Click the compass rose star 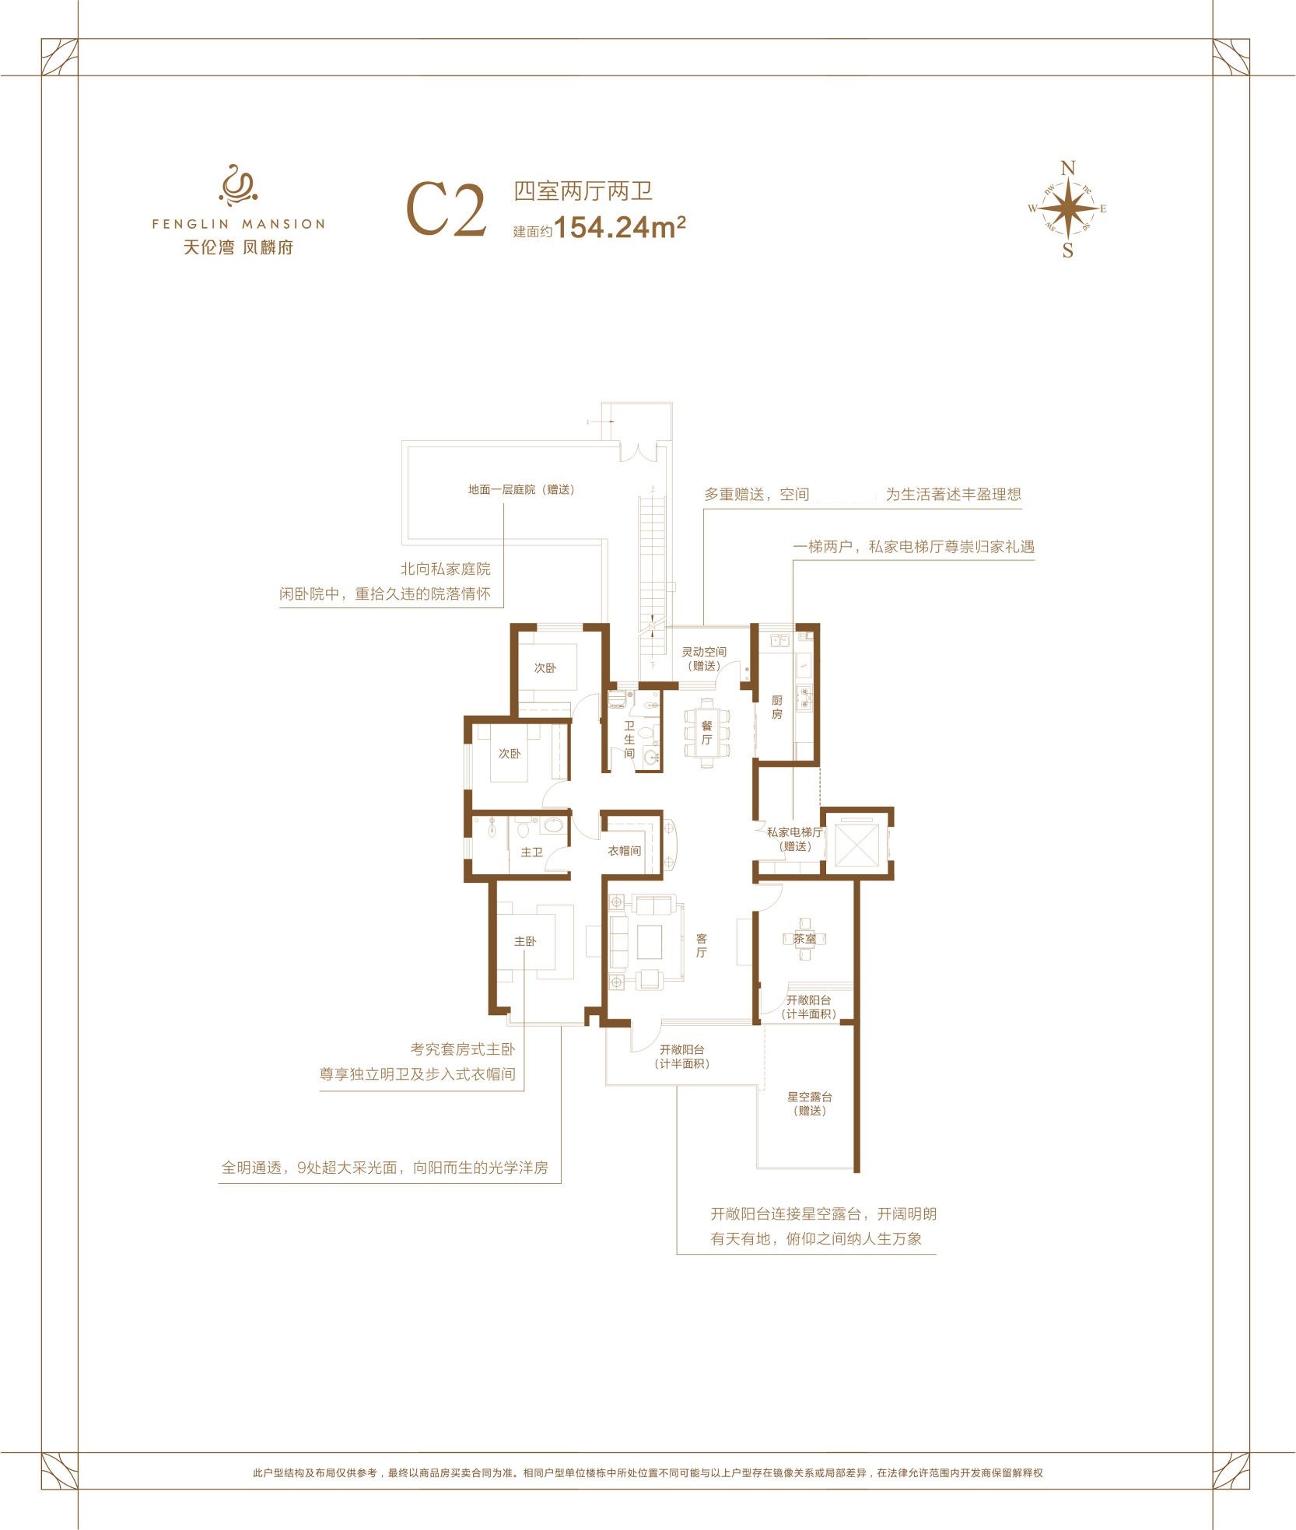pyautogui.click(x=1069, y=208)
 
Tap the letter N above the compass pyautogui.click(x=1068, y=168)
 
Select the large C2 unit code pyautogui.click(x=447, y=209)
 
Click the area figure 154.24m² pyautogui.click(x=620, y=227)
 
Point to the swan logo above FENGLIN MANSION pyautogui.click(x=238, y=185)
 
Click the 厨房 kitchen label pyautogui.click(x=776, y=707)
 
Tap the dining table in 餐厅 pyautogui.click(x=706, y=733)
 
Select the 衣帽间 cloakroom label pyautogui.click(x=625, y=851)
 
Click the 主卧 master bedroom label pyautogui.click(x=525, y=941)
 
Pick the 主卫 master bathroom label pyautogui.click(x=531, y=853)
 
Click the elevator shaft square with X pyautogui.click(x=856, y=844)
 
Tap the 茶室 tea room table pyautogui.click(x=804, y=939)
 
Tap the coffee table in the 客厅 pyautogui.click(x=650, y=942)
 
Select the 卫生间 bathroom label pyautogui.click(x=629, y=739)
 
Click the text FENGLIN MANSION pyautogui.click(x=238, y=224)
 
